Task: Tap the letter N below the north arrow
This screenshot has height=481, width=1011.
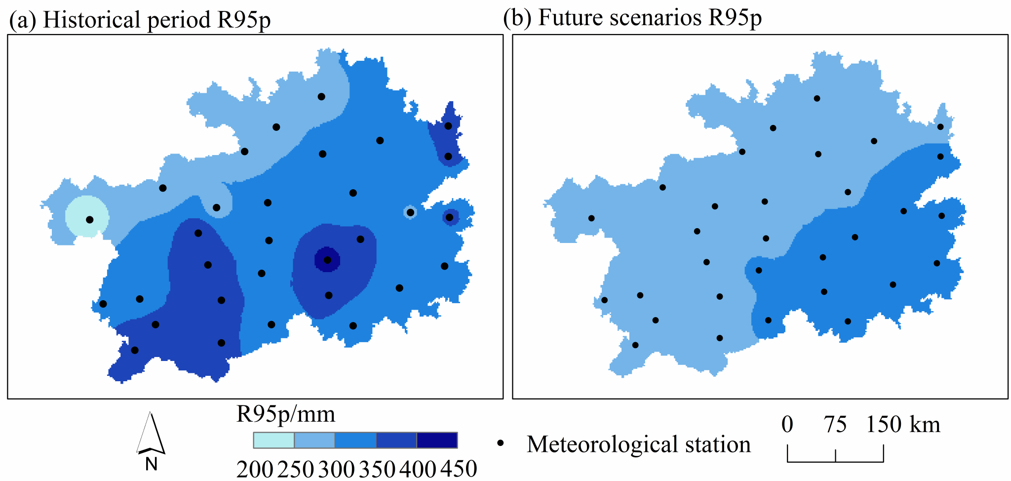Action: click(151, 464)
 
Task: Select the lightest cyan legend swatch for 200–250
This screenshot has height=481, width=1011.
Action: click(273, 440)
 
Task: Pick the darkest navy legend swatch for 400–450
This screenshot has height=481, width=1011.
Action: click(437, 440)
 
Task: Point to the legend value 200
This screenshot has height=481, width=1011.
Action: click(254, 469)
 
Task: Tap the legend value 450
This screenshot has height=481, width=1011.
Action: click(459, 469)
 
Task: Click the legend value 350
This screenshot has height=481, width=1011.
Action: click(377, 469)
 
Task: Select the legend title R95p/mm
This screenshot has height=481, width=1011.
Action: click(286, 414)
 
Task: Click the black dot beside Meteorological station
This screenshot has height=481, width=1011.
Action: click(501, 443)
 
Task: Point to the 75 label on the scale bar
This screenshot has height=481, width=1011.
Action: click(835, 424)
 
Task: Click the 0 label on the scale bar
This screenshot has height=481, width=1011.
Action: click(787, 424)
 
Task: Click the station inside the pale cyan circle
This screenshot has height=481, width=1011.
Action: click(89, 220)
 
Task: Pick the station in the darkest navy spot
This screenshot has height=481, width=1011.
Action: click(327, 260)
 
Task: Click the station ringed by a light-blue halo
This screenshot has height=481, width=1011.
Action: click(410, 212)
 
